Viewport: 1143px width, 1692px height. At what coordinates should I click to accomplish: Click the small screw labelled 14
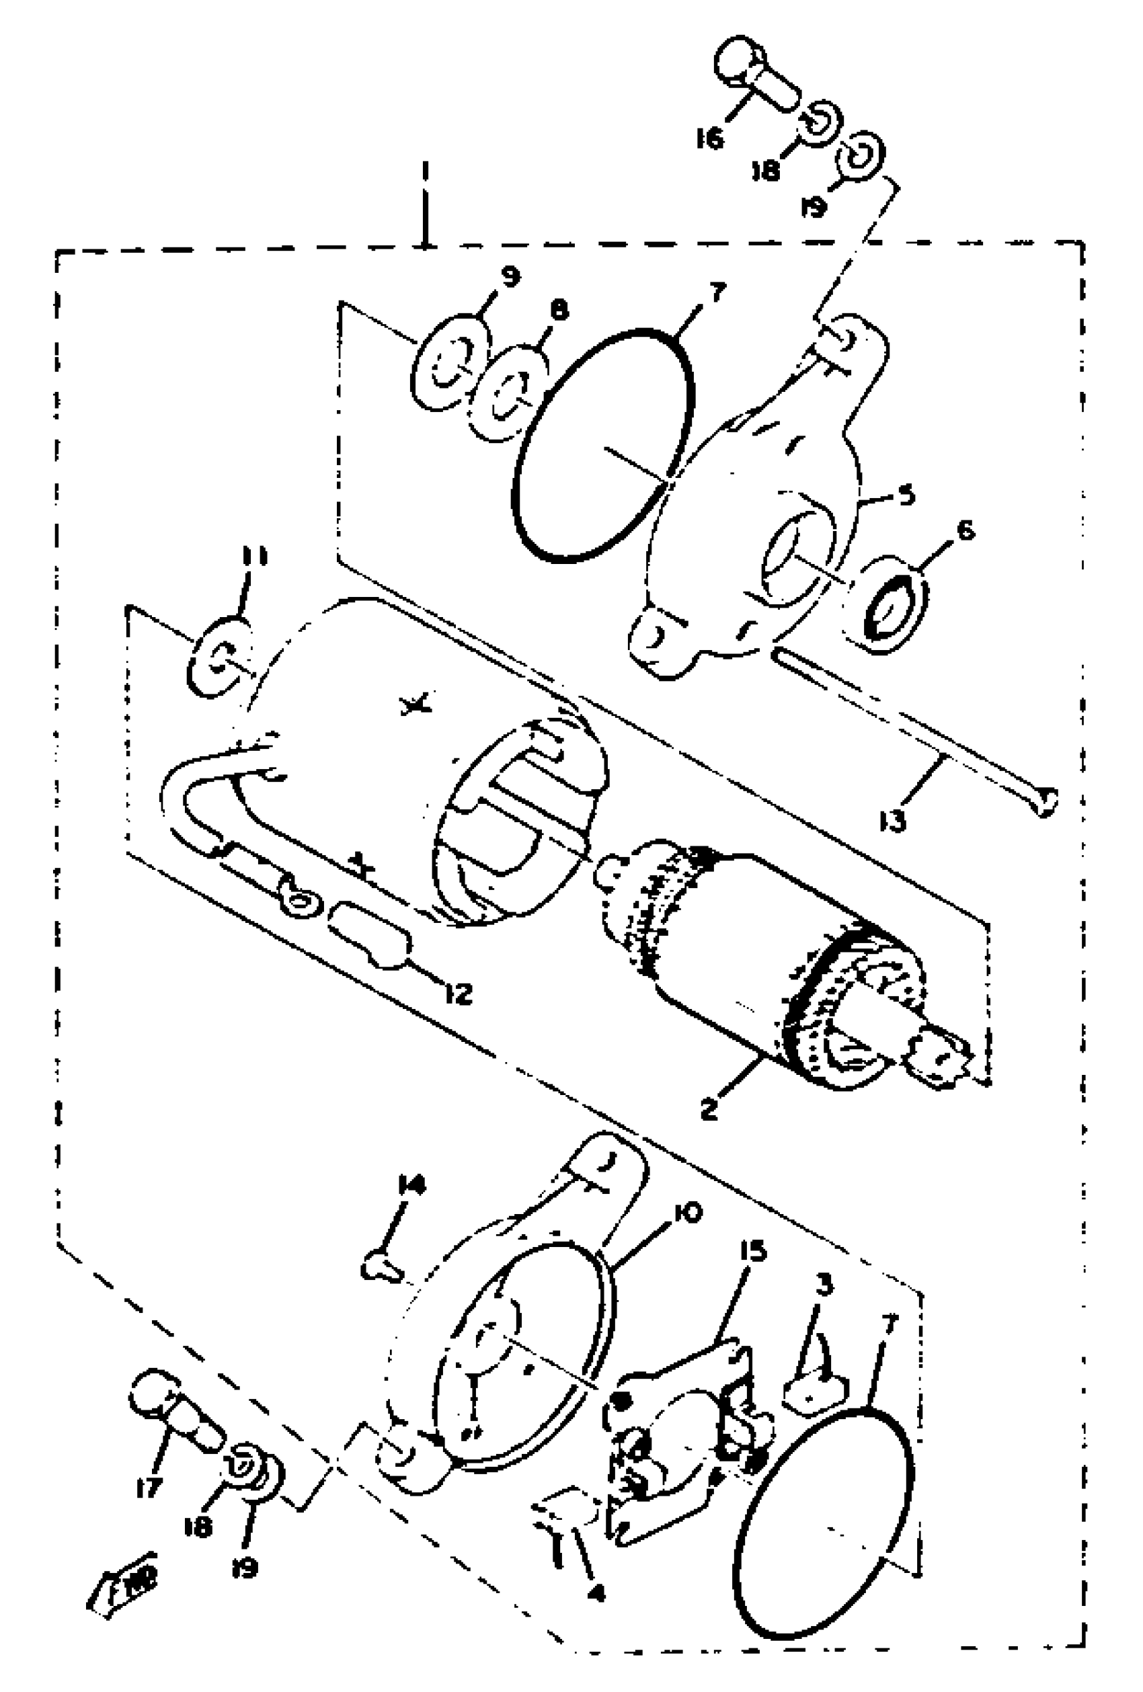(381, 1270)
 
